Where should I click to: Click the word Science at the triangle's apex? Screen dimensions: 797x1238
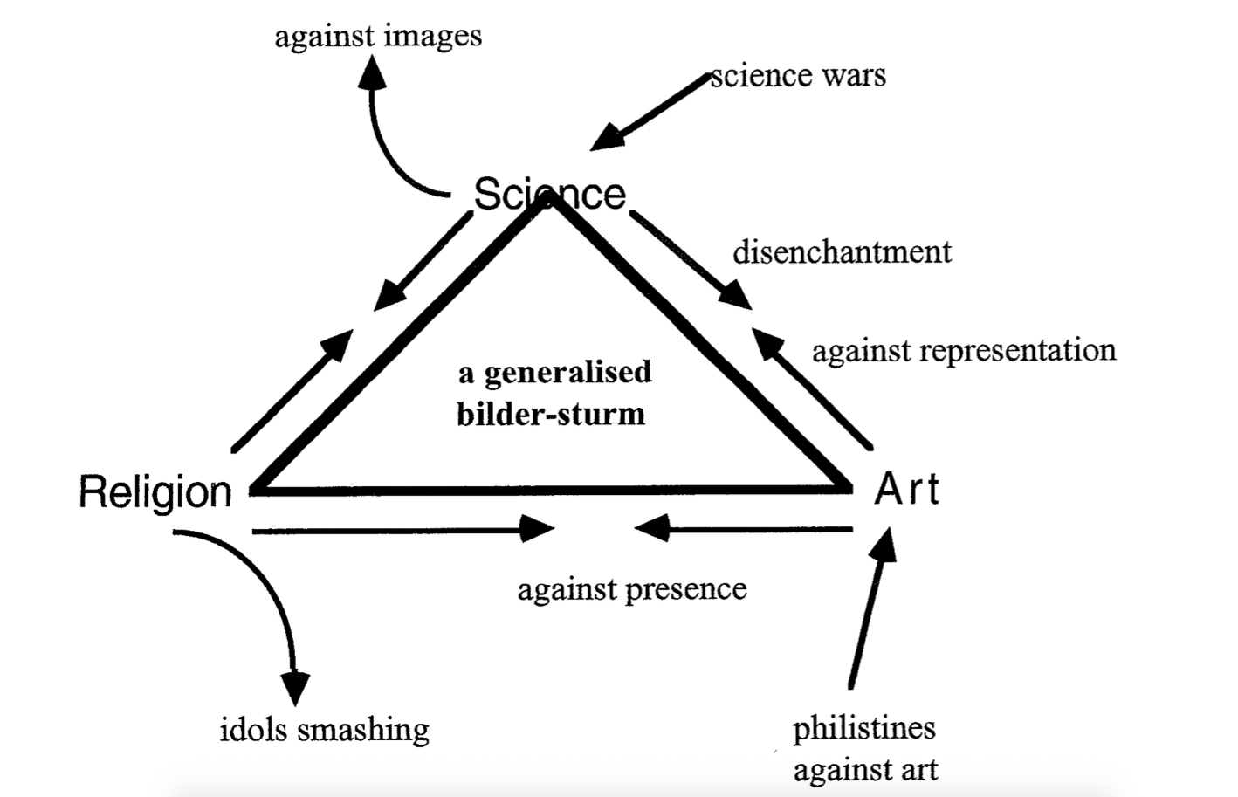[x=549, y=194]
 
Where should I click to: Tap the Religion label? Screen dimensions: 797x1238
[x=155, y=491]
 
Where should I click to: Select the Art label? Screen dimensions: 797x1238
[x=907, y=489]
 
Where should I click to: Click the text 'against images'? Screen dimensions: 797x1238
[x=378, y=36]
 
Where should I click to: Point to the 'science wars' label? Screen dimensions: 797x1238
[x=798, y=75]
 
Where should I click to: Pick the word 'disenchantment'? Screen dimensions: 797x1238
[x=842, y=252]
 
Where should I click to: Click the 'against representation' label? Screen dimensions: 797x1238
[x=964, y=350]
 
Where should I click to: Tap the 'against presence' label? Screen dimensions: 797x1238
[x=632, y=589]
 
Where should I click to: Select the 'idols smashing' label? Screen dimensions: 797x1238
[x=324, y=729]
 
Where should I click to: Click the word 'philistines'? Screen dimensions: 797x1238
[x=863, y=728]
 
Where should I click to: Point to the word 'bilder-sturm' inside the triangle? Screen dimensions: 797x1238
[x=551, y=414]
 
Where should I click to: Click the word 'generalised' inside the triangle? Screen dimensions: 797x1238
[x=567, y=373]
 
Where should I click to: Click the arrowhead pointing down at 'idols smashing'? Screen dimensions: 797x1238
[x=295, y=685]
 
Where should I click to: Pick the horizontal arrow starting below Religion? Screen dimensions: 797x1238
[x=402, y=529]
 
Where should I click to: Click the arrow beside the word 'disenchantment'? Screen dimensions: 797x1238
[x=691, y=261]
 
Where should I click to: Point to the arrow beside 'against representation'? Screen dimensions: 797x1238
[x=812, y=388]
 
